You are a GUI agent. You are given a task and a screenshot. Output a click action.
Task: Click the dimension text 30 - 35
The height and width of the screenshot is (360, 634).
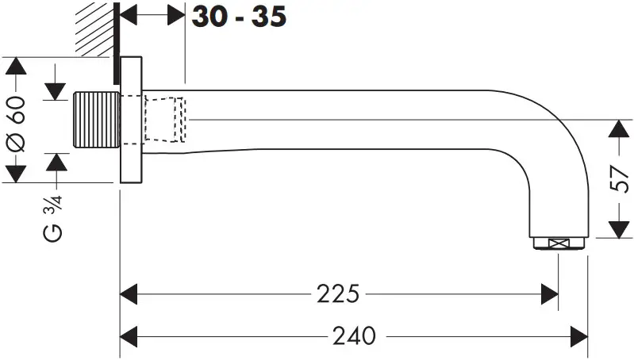[238, 16]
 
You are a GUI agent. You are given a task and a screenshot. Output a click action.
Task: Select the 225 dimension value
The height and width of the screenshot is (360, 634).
[339, 293]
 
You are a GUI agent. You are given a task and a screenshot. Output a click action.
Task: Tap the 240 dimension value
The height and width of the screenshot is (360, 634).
[353, 335]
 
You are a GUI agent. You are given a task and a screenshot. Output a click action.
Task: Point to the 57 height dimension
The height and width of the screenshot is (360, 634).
[622, 179]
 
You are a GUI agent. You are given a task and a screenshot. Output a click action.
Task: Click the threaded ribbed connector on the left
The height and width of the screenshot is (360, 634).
[95, 120]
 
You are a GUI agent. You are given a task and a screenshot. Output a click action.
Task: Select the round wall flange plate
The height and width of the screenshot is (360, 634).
[131, 120]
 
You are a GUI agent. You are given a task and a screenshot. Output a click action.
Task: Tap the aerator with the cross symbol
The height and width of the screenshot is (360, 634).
[559, 244]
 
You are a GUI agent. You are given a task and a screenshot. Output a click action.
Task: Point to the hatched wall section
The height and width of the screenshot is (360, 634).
[94, 29]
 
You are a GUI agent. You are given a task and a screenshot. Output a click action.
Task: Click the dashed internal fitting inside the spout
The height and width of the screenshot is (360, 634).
[165, 120]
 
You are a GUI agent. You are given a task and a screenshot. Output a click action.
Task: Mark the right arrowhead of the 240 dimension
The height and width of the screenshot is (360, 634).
[578, 335]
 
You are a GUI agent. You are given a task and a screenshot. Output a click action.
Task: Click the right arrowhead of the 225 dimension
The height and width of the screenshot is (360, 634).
[550, 293]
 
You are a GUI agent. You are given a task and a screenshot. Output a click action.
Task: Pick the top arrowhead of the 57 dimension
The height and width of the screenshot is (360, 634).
[622, 129]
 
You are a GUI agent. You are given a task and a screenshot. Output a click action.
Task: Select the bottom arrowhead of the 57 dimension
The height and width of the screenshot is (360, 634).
[622, 230]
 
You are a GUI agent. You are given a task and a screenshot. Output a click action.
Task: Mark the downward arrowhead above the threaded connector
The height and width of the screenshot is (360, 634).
[56, 90]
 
